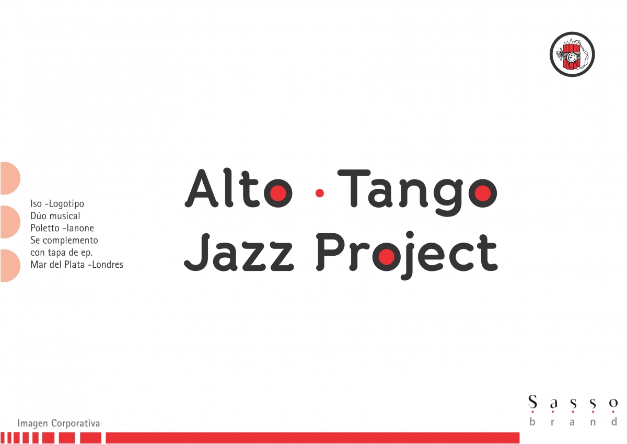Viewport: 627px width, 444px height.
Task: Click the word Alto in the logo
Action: pyautogui.click(x=238, y=188)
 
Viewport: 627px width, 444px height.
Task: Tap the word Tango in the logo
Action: pyautogui.click(x=417, y=193)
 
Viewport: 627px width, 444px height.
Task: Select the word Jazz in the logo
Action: pyautogui.click(x=239, y=252)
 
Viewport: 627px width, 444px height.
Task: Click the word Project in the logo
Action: pyautogui.click(x=407, y=256)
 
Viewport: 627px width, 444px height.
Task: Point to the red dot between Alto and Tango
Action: pyautogui.click(x=320, y=193)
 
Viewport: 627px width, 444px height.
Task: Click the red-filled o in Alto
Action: pyautogui.click(x=278, y=193)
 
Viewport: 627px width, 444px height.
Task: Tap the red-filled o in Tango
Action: pyautogui.click(x=483, y=193)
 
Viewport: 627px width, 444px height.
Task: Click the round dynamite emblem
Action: pyautogui.click(x=572, y=54)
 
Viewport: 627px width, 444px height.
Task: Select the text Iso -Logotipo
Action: pyautogui.click(x=57, y=203)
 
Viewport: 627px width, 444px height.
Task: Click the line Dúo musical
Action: pyautogui.click(x=55, y=215)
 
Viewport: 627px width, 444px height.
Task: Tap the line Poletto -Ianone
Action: pyautogui.click(x=62, y=228)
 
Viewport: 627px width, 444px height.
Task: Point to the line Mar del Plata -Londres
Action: pyautogui.click(x=77, y=265)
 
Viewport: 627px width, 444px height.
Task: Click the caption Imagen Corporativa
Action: pyautogui.click(x=59, y=423)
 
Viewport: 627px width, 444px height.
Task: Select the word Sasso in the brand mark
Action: pyautogui.click(x=573, y=403)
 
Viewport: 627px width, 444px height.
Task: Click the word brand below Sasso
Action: pyautogui.click(x=573, y=422)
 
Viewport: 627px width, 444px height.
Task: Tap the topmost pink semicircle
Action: pyautogui.click(x=10, y=178)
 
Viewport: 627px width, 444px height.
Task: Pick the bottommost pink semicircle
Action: pyautogui.click(x=10, y=266)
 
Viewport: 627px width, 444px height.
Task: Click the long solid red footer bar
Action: pyautogui.click(x=312, y=438)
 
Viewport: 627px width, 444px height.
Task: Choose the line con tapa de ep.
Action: pyautogui.click(x=61, y=253)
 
